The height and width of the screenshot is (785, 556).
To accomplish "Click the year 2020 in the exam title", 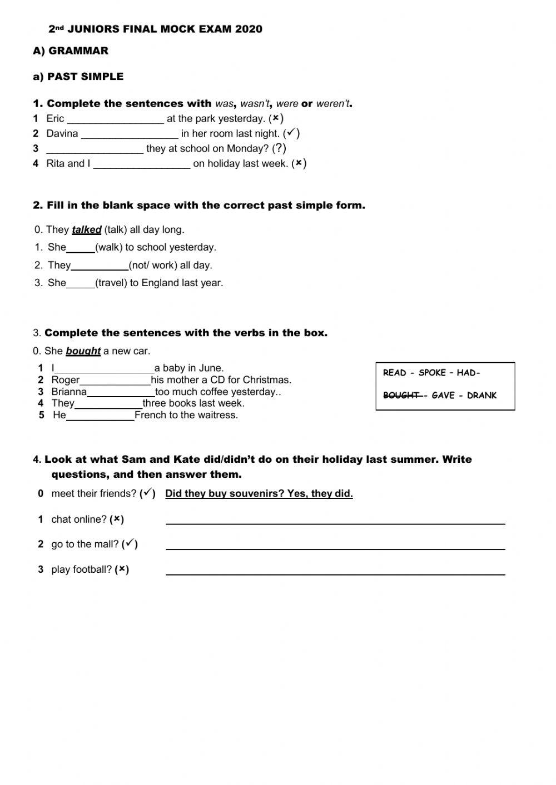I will [249, 29].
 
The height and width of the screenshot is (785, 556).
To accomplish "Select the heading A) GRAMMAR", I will [71, 51].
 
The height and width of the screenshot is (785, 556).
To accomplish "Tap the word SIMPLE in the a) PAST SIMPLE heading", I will [102, 77].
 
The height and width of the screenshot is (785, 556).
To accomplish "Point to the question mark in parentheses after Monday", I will [280, 148].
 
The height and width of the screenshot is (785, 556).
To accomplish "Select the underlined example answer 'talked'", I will [87, 229].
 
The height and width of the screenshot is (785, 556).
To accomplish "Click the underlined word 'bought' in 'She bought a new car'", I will [83, 351].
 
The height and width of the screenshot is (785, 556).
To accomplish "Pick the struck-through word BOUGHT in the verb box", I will [401, 396].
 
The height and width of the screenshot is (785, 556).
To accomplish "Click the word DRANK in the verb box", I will [481, 396].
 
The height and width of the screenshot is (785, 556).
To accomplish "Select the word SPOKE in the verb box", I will [433, 373].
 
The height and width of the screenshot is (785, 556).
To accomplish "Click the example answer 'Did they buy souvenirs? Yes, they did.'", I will [259, 493].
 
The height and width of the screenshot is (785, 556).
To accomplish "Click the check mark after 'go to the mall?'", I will [130, 544].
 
